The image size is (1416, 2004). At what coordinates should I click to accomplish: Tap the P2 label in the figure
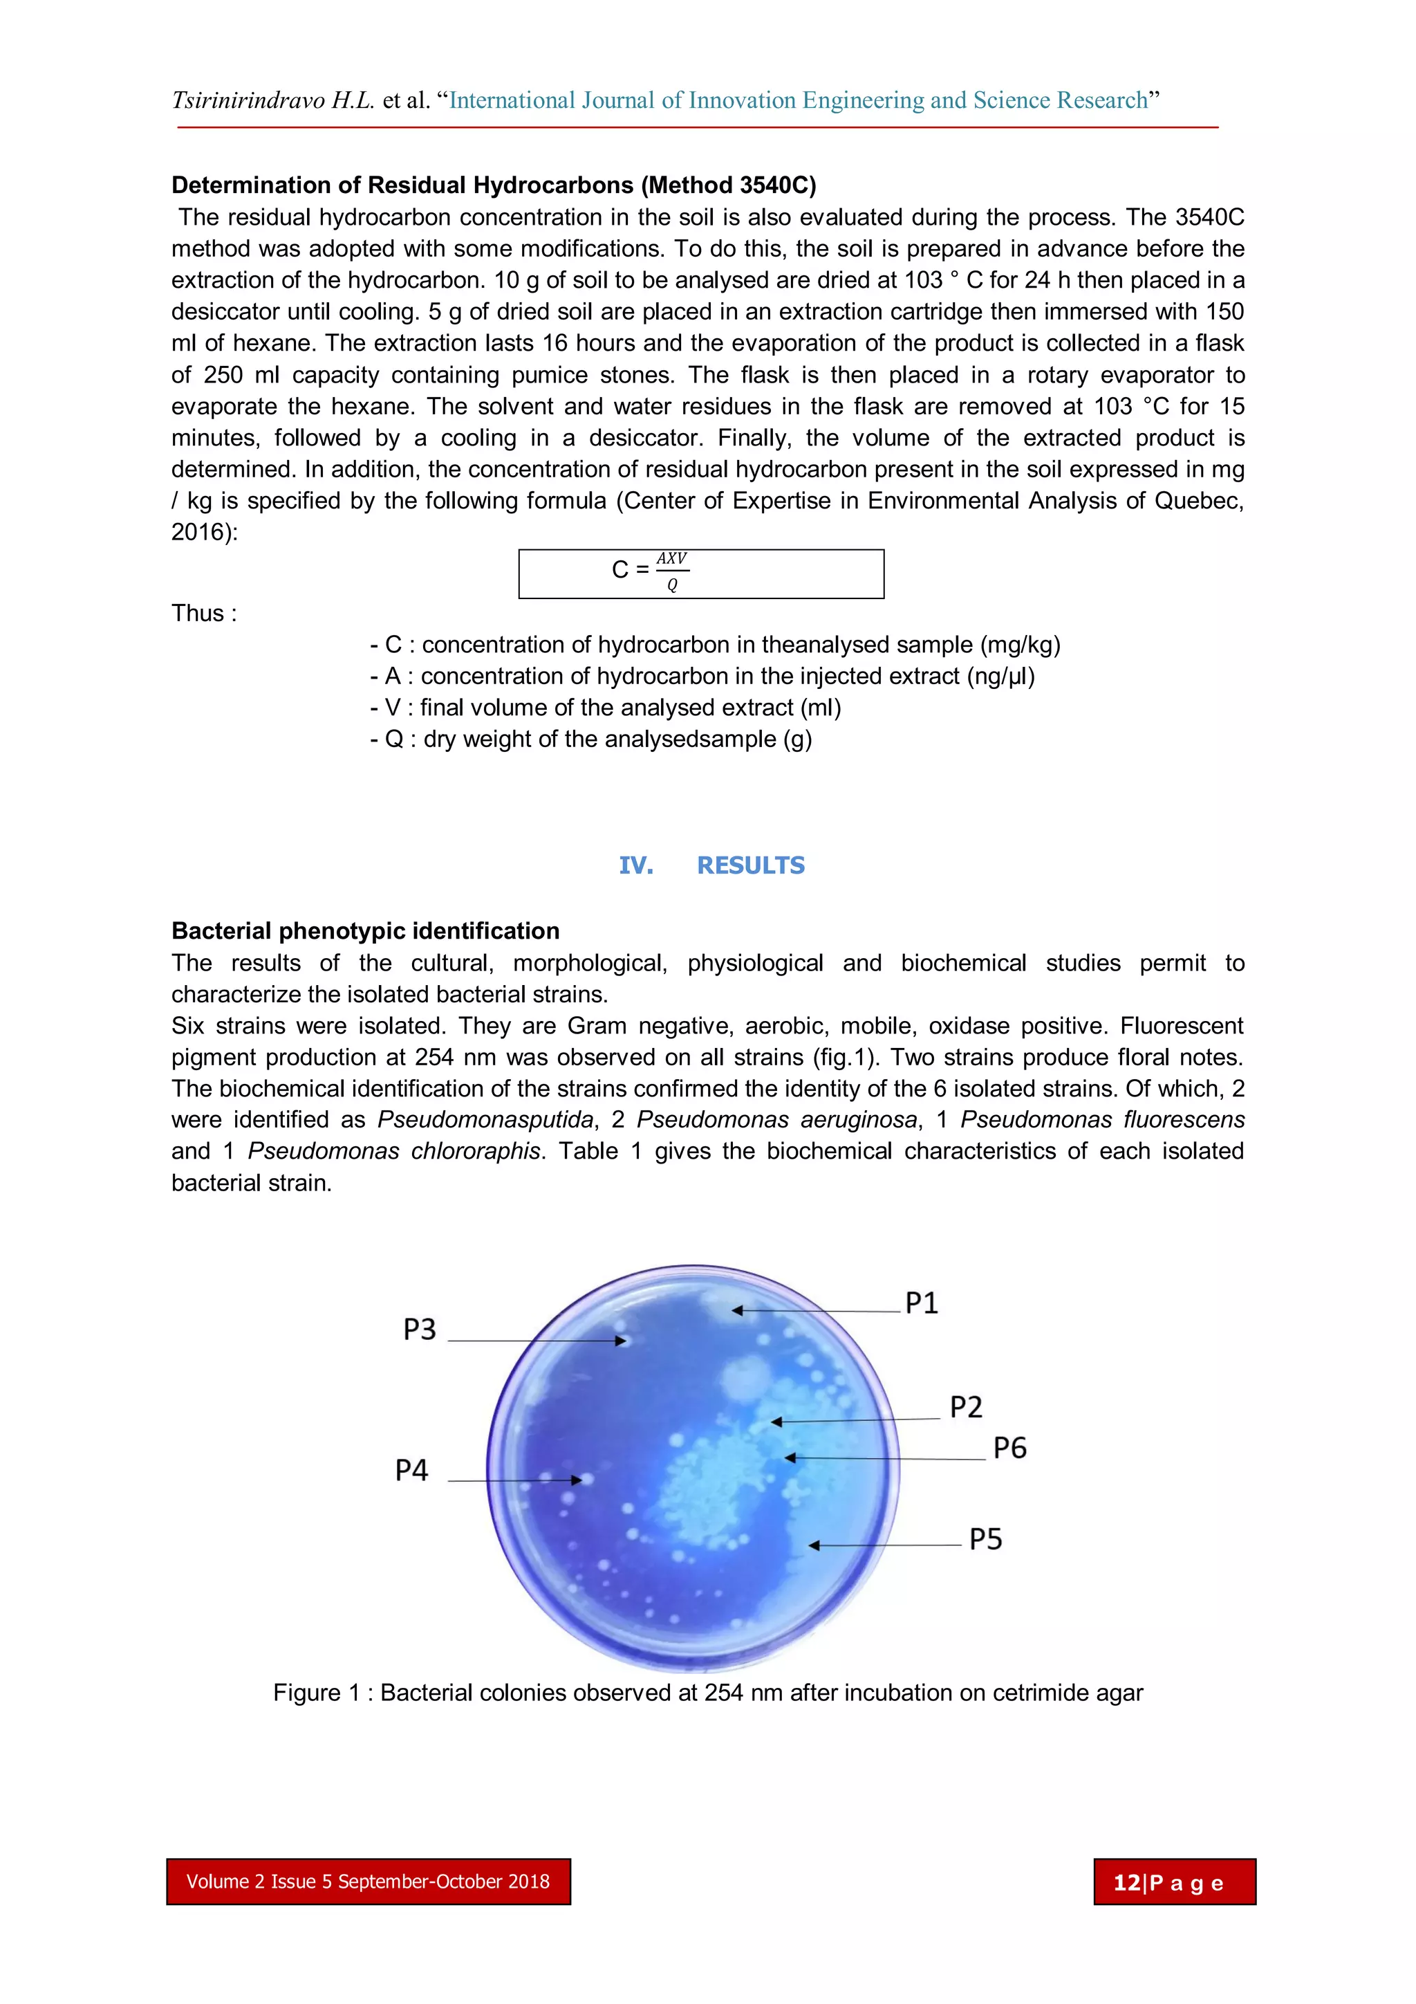[x=965, y=1407]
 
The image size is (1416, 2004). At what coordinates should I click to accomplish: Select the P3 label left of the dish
[x=419, y=1330]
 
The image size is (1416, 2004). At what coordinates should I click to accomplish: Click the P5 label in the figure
[x=985, y=1538]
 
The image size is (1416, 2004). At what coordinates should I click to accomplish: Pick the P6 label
[x=1009, y=1448]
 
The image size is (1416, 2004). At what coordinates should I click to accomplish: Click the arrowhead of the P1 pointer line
[x=737, y=1310]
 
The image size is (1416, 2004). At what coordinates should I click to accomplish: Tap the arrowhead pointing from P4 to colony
[x=576, y=1480]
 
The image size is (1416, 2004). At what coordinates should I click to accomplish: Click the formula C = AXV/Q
[x=650, y=571]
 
